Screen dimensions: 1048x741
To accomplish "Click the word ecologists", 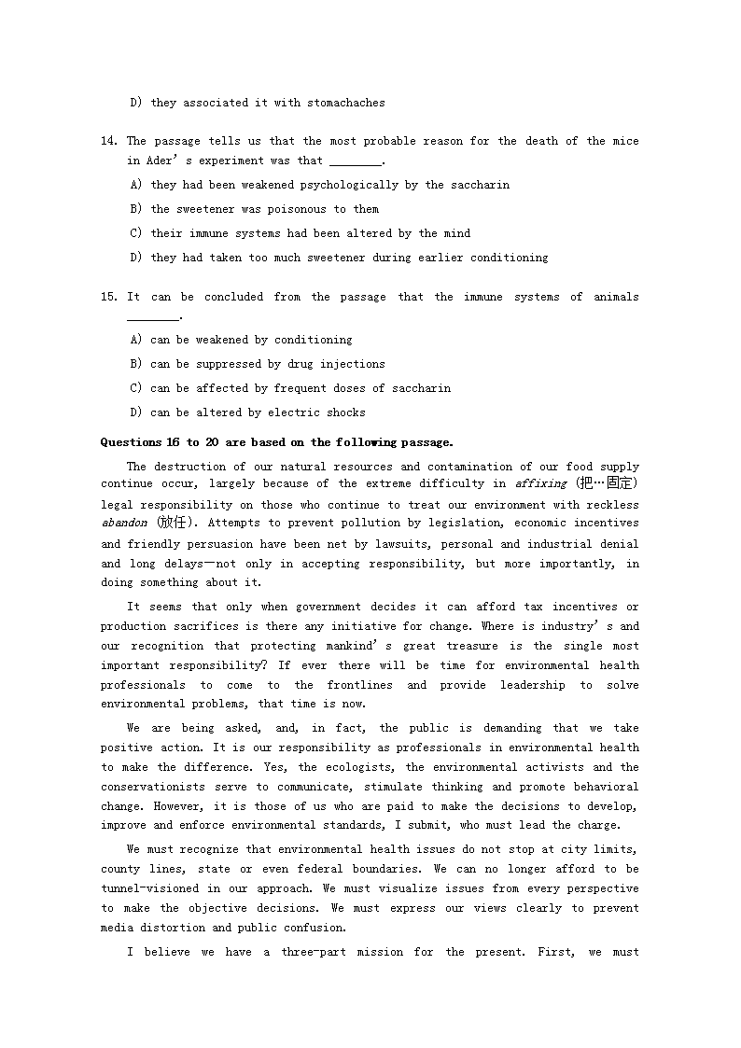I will (358, 767).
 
